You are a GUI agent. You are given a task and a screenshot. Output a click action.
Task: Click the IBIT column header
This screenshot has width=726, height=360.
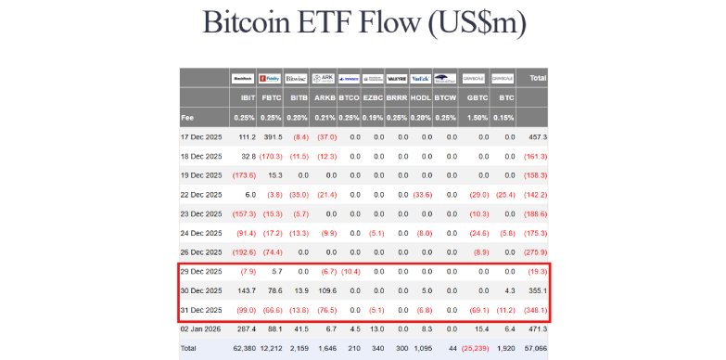click(x=246, y=97)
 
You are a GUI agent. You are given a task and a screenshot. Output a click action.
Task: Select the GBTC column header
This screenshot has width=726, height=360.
click(x=478, y=97)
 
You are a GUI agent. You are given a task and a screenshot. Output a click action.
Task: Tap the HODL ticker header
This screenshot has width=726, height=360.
click(x=421, y=97)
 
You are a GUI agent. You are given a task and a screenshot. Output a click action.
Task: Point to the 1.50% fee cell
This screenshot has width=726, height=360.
click(x=478, y=118)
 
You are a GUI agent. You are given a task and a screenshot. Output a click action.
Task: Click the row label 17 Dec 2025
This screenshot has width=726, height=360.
click(x=202, y=136)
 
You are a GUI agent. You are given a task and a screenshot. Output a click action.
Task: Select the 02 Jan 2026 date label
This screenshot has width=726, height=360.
click(x=202, y=329)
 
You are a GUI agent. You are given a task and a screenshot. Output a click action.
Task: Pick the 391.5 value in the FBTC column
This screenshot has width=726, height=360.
click(x=271, y=136)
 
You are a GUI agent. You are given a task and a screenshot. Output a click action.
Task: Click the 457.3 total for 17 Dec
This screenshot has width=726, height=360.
click(x=537, y=136)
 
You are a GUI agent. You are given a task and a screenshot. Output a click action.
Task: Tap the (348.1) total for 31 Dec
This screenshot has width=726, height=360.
click(x=535, y=310)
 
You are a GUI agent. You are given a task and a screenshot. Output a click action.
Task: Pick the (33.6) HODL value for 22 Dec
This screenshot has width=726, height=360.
click(x=421, y=195)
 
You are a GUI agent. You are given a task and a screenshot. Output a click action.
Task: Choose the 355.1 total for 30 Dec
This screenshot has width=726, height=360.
click(x=537, y=291)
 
